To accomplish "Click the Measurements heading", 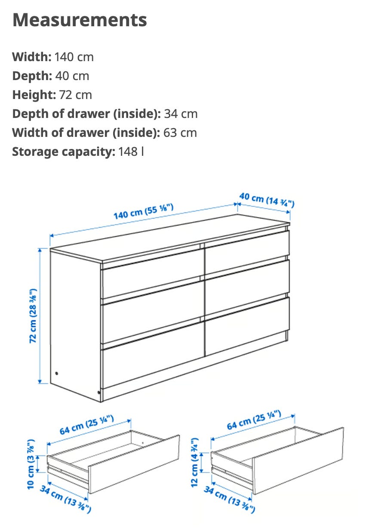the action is tap(80, 20).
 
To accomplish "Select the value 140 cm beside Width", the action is tap(74, 57).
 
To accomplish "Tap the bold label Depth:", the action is tap(32, 76).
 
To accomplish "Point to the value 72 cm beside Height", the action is tap(75, 95).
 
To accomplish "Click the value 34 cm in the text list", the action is tap(181, 114).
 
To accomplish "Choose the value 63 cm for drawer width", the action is tap(180, 133).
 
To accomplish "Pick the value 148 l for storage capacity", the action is tap(131, 152).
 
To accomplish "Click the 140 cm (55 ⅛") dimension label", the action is tap(144, 211).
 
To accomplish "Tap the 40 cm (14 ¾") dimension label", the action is tap(267, 200).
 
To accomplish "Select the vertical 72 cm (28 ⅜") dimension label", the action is tap(33, 315).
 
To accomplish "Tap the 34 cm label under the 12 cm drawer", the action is tap(230, 499).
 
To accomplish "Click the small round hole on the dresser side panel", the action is tap(56, 373).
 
